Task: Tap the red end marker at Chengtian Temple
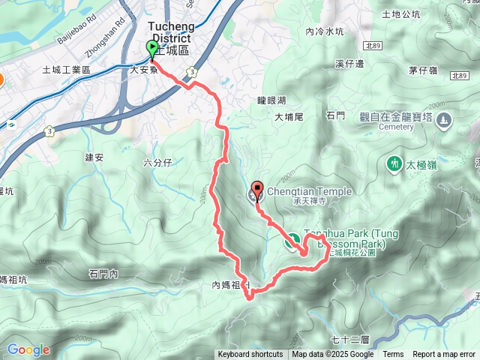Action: click(257, 190)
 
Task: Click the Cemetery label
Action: click(397, 127)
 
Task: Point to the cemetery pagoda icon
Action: click(445, 119)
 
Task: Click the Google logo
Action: click(28, 349)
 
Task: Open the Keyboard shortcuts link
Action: click(250, 355)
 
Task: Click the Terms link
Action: click(393, 355)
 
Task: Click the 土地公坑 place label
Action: click(400, 13)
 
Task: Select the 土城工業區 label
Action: click(66, 70)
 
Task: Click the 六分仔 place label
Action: click(157, 162)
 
